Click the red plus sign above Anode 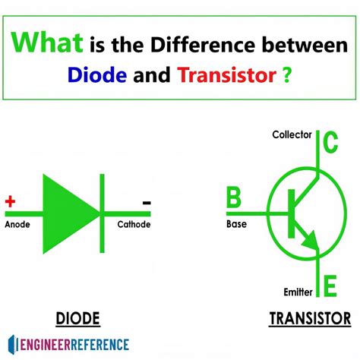11,202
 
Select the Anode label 18,225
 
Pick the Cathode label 134,225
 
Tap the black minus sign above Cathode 146,203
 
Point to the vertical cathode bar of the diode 100,213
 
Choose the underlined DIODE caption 78,317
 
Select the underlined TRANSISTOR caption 298,317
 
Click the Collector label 292,135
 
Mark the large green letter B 234,199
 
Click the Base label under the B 237,225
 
